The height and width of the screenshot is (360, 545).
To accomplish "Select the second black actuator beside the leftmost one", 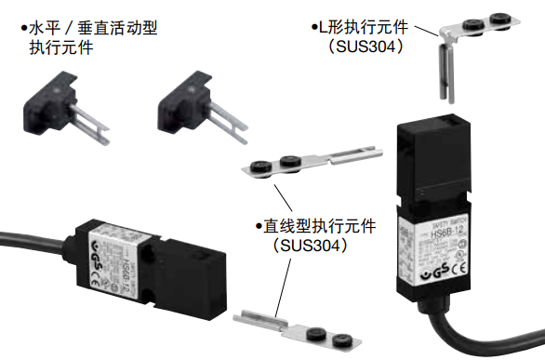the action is pos(191,106).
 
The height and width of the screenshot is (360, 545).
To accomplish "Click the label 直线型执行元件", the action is pos(308,226).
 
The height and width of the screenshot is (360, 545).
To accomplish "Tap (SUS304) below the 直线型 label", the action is pos(306,247).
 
